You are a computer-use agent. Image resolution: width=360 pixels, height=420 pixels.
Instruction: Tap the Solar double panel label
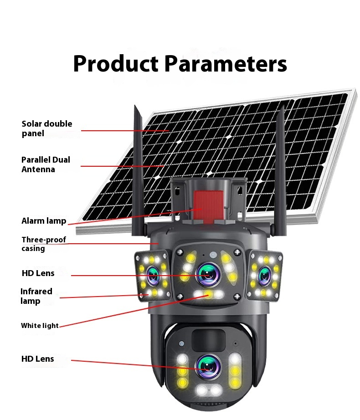[46, 128]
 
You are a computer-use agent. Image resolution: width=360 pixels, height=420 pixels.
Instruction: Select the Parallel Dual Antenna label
[46, 164]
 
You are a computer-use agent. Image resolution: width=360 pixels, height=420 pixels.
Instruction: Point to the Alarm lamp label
[44, 221]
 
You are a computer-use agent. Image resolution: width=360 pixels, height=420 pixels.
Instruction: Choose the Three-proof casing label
[44, 244]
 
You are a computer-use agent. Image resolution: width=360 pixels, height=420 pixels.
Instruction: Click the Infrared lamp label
[36, 296]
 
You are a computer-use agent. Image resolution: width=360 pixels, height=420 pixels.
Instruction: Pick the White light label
[40, 326]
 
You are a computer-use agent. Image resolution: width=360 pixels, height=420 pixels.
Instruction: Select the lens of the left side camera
[152, 275]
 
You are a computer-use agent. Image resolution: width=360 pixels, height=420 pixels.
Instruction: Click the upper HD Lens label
[38, 273]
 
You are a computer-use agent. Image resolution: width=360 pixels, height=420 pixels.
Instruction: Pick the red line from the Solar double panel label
[125, 131]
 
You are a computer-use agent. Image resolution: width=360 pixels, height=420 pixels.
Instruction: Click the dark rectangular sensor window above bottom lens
[208, 340]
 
